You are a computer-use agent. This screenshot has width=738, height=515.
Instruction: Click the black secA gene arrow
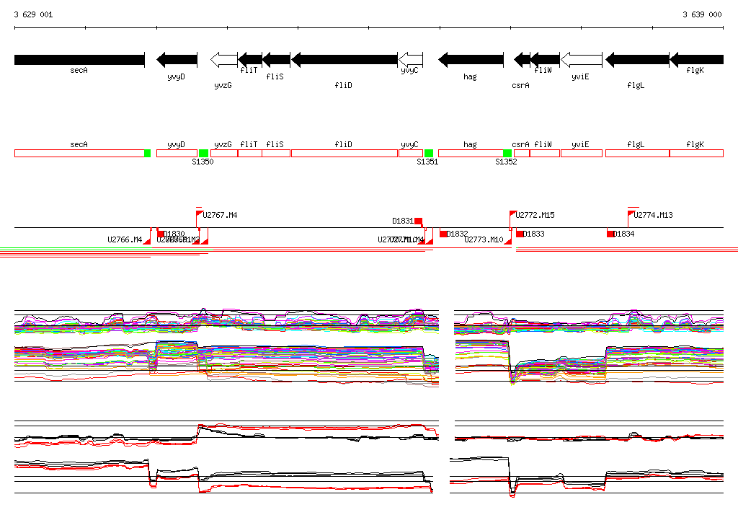pos(79,59)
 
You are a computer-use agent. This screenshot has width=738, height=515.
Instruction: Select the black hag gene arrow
pos(468,59)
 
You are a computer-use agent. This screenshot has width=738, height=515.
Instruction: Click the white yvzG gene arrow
pos(223,59)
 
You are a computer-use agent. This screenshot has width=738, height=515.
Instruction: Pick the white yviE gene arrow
pos(581,59)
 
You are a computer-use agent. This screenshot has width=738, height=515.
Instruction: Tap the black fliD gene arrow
pos(344,59)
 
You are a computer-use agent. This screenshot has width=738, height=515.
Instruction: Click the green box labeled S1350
pos(203,153)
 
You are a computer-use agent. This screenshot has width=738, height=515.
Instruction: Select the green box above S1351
pos(429,153)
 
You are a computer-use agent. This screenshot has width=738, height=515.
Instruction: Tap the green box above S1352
pos(507,153)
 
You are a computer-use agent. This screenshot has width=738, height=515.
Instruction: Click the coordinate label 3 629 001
pos(33,14)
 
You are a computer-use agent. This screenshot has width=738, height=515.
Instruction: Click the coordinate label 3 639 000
pos(702,14)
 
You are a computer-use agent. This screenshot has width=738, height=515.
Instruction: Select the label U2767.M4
pos(220,215)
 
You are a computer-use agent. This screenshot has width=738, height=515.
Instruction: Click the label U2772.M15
pos(535,215)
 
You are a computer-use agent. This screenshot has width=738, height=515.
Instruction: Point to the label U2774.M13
pos(653,215)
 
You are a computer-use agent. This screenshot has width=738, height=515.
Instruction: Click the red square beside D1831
pos(418,221)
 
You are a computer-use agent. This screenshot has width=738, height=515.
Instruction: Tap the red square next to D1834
pos(610,234)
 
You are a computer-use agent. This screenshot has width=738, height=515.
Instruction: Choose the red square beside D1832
pos(443,234)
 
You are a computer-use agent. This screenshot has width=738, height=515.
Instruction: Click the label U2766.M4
pos(125,239)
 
